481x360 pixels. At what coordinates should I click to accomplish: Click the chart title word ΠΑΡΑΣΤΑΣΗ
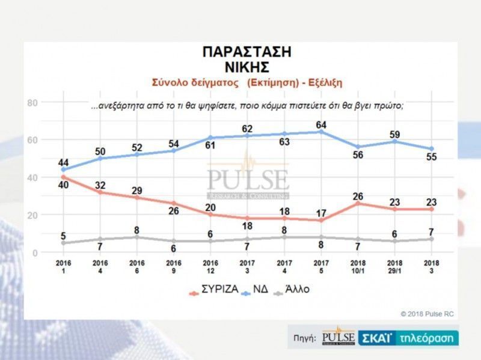tap(247, 52)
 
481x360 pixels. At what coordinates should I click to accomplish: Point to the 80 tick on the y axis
tap(33, 103)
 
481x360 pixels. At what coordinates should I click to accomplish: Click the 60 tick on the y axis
tap(33, 140)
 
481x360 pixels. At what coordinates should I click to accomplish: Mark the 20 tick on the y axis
tap(33, 215)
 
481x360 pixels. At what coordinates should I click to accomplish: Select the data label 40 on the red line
tap(63, 186)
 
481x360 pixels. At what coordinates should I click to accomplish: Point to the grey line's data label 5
tap(64, 236)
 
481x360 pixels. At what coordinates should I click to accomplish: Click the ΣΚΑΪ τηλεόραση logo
tap(408, 338)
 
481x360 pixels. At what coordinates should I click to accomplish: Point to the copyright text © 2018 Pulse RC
tap(427, 313)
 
